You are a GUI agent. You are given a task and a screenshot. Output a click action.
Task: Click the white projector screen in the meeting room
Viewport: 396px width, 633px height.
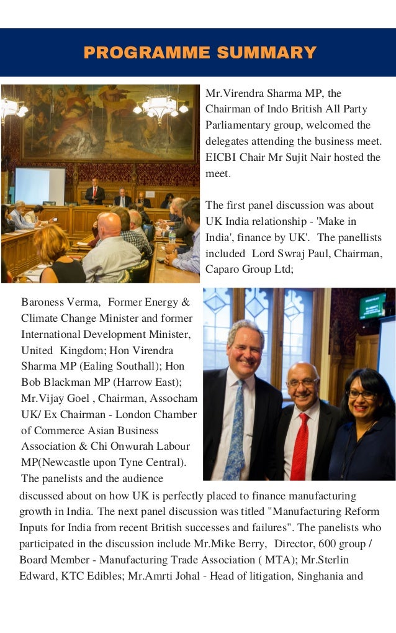pyautogui.click(x=39, y=185)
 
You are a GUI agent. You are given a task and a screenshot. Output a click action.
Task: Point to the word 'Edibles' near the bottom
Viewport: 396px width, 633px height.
pyautogui.click(x=102, y=576)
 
